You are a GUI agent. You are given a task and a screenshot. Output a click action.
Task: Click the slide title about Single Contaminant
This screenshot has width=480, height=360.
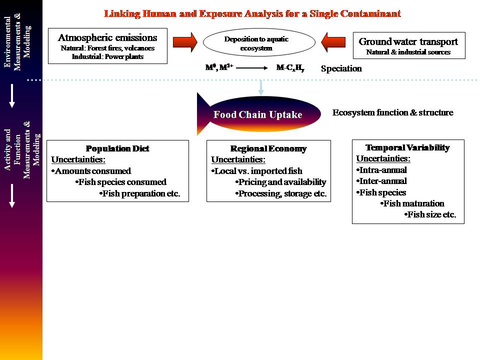252,13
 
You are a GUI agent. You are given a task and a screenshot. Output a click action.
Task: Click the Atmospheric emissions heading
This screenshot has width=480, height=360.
107,37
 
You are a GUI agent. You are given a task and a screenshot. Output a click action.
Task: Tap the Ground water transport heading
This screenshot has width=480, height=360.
408,41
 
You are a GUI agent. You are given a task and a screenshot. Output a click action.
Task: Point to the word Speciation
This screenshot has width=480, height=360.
341,68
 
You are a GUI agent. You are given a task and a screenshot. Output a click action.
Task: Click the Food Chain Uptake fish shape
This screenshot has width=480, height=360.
258,114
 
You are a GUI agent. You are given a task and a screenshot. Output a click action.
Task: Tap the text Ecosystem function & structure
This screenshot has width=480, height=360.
392,112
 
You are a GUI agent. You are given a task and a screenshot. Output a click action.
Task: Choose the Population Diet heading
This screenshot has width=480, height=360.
117,148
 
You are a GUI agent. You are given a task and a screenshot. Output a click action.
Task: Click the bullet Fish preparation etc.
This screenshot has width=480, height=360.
140,193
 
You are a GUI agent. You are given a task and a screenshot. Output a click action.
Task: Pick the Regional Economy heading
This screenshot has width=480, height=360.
268,148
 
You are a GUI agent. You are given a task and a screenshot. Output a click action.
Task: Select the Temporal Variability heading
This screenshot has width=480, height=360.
407,147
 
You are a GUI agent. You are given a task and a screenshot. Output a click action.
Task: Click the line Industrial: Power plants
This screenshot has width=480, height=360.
107,56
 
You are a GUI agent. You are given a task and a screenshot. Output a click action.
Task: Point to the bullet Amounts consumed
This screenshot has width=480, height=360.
91,171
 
